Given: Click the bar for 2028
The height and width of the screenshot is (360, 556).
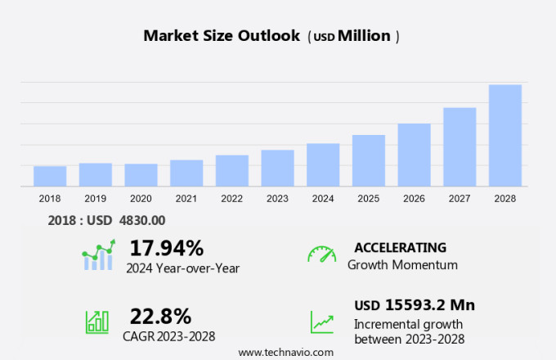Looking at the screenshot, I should tap(505, 135).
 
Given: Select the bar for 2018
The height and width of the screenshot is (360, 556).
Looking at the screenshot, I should tap(50, 176).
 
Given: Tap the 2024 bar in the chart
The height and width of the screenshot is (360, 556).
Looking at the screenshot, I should tap(323, 164).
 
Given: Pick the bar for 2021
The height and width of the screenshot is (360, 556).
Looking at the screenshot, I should tap(186, 173).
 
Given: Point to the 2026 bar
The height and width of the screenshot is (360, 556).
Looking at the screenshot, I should tap(415, 155).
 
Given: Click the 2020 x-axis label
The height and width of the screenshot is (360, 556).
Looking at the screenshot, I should tap(141, 198).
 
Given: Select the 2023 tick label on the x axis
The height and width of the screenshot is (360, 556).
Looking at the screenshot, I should tap(277, 198).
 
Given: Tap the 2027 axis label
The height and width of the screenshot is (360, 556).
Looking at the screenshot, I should tap(460, 198).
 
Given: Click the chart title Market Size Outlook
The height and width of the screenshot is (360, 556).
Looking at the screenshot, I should tap(221, 36).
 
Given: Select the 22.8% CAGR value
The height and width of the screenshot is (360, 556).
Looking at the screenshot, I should tap(160, 316).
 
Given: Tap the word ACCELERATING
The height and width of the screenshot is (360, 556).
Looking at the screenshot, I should tap(400, 247).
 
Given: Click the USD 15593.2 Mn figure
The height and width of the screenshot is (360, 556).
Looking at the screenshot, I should tap(415, 305).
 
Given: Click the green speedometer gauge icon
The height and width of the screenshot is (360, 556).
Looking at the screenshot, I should tap(321, 254).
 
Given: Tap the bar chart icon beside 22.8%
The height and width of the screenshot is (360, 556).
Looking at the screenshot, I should tap(97, 322).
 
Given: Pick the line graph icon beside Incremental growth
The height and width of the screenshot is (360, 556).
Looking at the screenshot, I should tap(321, 322).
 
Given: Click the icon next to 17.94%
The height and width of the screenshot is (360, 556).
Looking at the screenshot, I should tap(97, 255).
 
